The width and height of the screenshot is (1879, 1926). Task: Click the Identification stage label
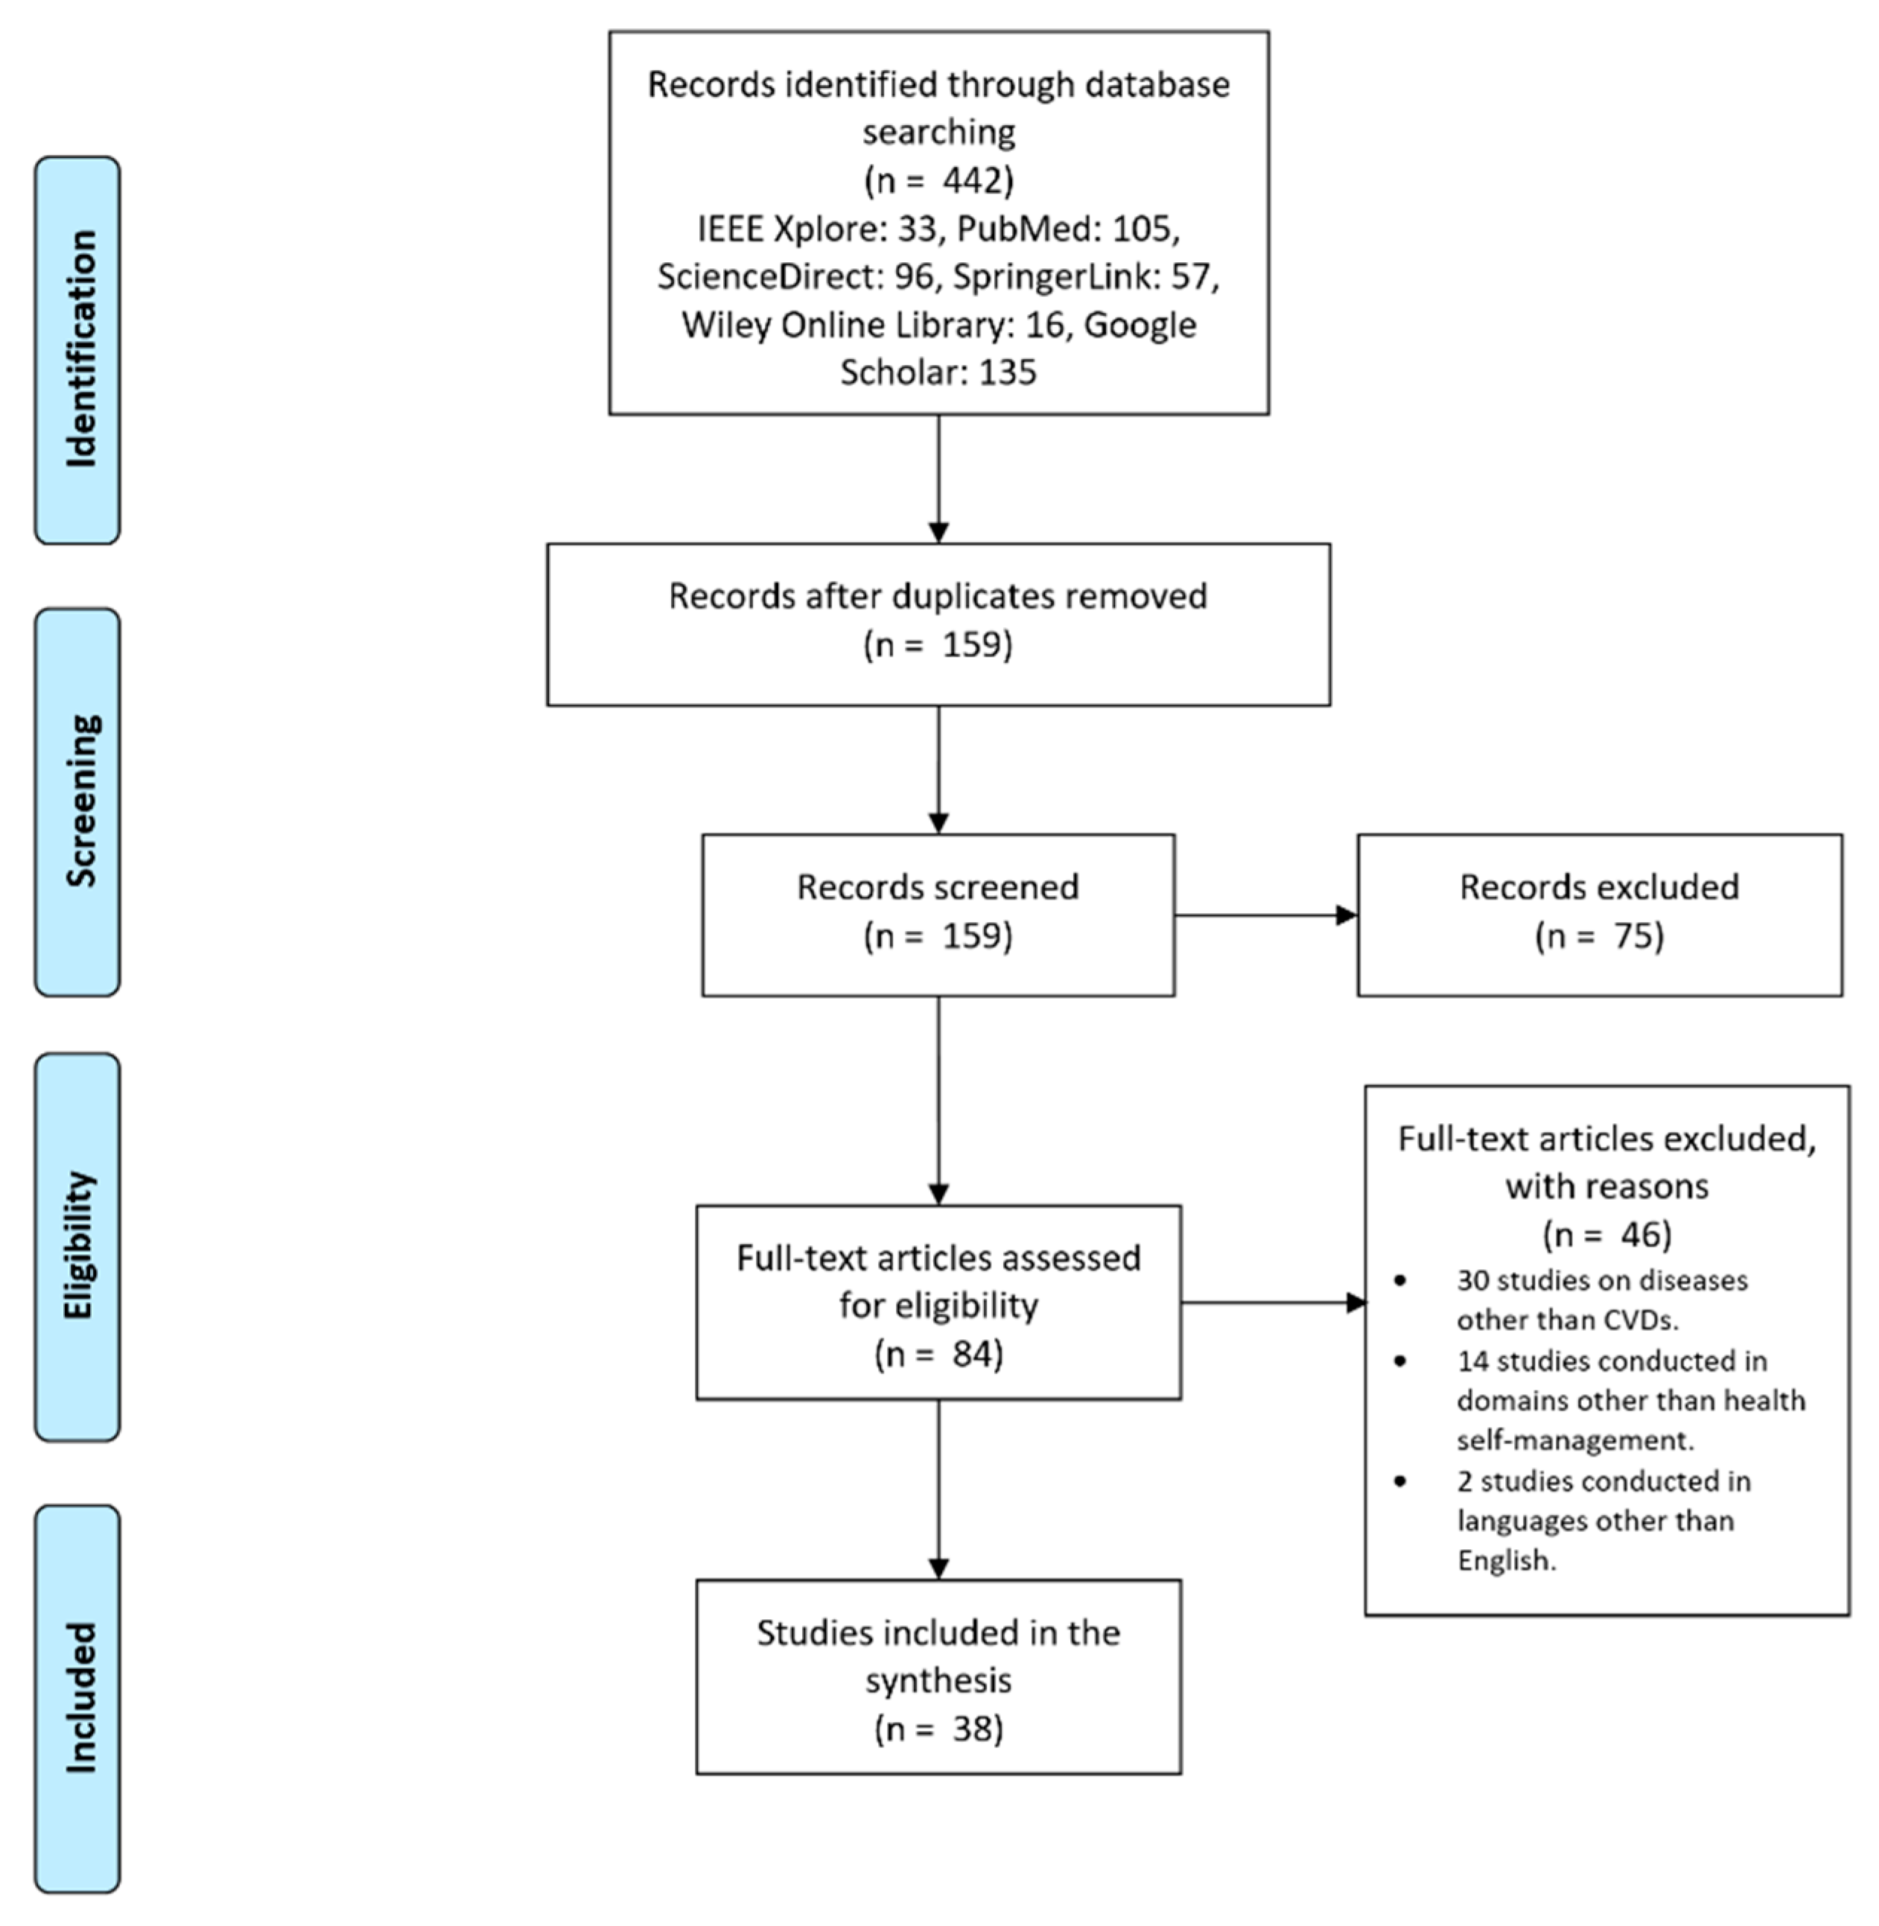[79, 349]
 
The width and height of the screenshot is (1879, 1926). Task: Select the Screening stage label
[79, 801]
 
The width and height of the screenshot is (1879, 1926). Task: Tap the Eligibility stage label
[79, 1246]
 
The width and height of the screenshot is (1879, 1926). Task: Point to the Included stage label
[79, 1698]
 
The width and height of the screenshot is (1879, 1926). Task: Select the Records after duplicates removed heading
[938, 596]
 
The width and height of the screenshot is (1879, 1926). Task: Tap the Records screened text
[938, 887]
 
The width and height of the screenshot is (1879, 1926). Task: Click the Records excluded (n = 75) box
[1599, 915]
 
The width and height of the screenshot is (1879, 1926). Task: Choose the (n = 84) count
[938, 1354]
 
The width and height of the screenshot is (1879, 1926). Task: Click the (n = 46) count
[1606, 1233]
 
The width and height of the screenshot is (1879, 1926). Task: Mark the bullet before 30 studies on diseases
[1400, 1281]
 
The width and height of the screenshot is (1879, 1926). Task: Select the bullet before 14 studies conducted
[1400, 1361]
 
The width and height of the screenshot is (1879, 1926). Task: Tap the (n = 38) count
[938, 1728]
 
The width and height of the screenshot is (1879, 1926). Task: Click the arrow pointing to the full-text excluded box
[1273, 1303]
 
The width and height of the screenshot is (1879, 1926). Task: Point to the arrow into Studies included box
[938, 1490]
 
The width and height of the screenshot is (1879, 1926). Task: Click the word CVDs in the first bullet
[1637, 1320]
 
